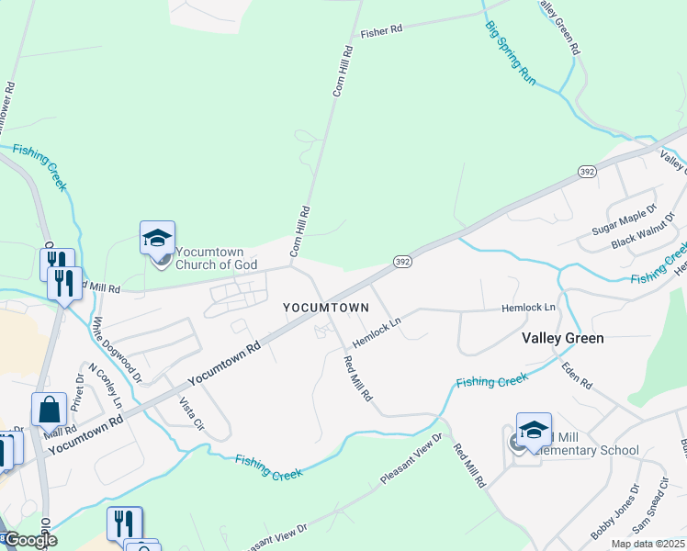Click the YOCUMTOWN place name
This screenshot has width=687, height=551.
coord(326,308)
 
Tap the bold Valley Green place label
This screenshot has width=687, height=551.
coord(563,338)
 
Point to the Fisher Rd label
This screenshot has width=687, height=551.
coord(382,30)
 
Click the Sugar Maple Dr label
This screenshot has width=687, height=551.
coord(625,220)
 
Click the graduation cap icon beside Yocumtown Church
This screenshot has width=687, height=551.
coord(157,238)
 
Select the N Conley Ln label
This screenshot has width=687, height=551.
coord(105,386)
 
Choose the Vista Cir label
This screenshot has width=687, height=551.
coord(189,414)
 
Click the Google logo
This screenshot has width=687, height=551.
coord(29,540)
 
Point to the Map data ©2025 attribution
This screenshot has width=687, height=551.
coord(648,544)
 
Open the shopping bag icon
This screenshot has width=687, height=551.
coord(49,410)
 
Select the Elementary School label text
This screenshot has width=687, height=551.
coord(592,450)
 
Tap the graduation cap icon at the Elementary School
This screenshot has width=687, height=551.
coord(534,429)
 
